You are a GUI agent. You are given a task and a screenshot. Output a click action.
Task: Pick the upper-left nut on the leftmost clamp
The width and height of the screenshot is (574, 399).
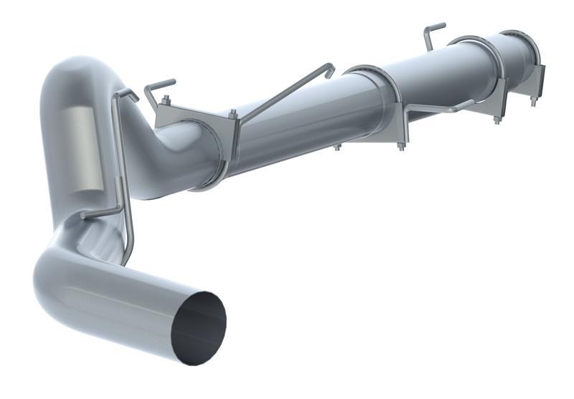click(166, 100)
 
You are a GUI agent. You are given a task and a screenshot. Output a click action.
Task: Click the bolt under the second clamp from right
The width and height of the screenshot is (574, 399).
click(495, 119)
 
